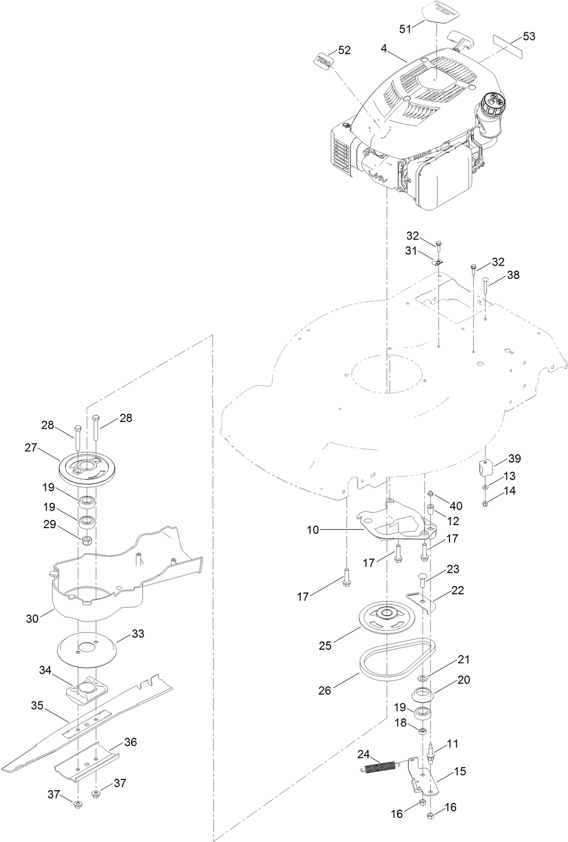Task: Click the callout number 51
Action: point(405,29)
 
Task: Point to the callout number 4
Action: point(384,49)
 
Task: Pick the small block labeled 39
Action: point(485,467)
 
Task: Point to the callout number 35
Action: point(37,705)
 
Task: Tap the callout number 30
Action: point(32,619)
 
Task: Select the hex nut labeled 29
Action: point(87,541)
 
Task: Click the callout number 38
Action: point(513,275)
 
